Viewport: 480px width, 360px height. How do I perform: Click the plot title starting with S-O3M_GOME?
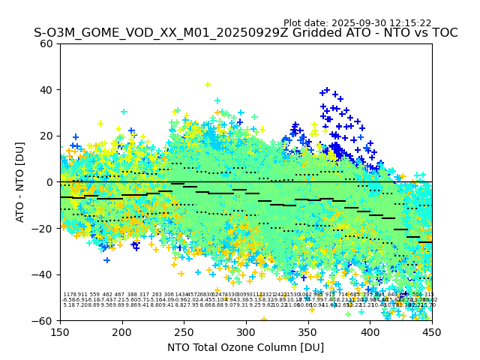pos(245,33)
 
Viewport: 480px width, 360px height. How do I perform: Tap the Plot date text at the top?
pos(357,23)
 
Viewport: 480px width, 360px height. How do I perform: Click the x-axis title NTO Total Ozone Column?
pos(245,347)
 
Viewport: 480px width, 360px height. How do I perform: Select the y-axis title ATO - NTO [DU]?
pos(20,182)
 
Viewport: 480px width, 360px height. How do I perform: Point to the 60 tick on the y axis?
pos(46,43)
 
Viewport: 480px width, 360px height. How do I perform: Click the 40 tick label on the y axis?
pos(46,90)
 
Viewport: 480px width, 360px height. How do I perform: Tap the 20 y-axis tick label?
pos(46,136)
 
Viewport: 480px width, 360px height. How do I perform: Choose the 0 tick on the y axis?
pos(49,182)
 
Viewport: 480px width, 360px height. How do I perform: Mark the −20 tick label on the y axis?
pos(43,228)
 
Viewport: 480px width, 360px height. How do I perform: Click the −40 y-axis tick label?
pos(43,274)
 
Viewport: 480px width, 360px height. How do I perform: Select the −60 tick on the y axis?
pos(43,320)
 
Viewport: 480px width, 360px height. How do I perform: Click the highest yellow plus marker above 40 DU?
pos(208,85)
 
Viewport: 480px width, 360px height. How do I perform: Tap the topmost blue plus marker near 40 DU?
pos(327,90)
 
